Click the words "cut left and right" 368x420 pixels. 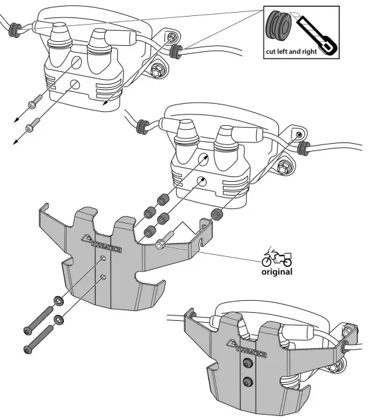(291, 51)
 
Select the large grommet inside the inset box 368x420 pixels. (279, 26)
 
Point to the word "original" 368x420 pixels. (277, 272)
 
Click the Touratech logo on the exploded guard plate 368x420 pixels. (101, 243)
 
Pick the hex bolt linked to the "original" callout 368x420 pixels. (164, 240)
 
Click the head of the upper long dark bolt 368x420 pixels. (27, 331)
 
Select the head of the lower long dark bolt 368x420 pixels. (27, 349)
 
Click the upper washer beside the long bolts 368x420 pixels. (59, 301)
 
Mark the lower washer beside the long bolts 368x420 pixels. (59, 319)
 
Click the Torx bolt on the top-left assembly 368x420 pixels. (156, 71)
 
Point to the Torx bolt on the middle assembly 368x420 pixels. (283, 168)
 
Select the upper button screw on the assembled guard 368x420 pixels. (247, 363)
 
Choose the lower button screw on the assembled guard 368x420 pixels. (248, 381)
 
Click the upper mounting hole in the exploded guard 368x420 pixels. (103, 258)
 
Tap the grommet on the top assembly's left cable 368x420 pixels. (15, 30)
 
